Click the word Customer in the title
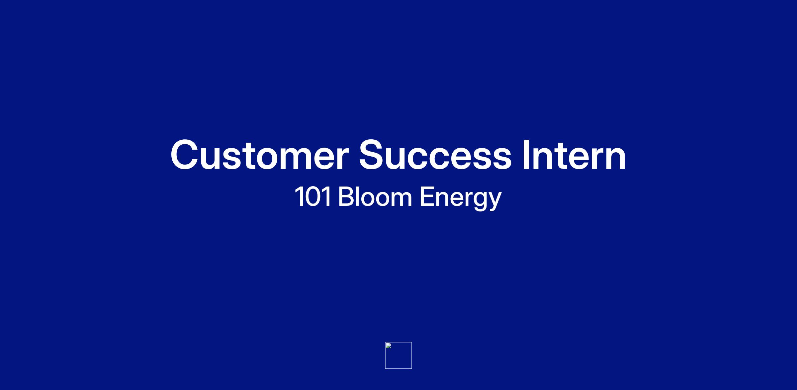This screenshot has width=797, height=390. (x=259, y=155)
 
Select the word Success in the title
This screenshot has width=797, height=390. (x=435, y=155)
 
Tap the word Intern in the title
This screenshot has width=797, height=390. (x=574, y=155)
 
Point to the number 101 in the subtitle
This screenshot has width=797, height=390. (x=313, y=196)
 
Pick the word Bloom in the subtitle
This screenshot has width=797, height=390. (x=375, y=196)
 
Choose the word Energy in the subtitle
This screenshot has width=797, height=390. (x=460, y=198)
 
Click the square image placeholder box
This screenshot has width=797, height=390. (x=398, y=355)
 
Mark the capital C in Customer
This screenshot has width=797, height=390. (x=186, y=155)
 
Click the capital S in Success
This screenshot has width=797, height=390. (x=373, y=155)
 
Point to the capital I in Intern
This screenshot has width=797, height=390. (x=526, y=155)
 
